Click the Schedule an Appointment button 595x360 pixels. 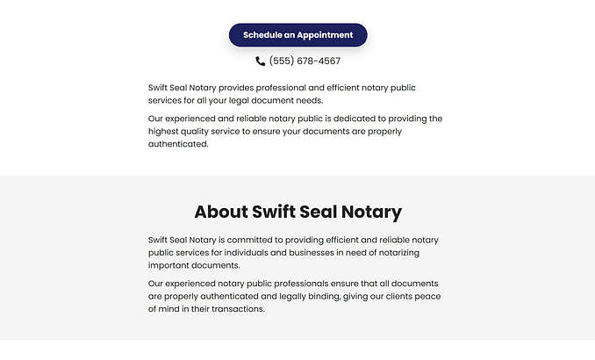pos(297,35)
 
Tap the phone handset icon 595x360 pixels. pos(261,61)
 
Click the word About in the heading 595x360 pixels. pos(220,212)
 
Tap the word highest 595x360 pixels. pos(166,132)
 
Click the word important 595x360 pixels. pos(171,265)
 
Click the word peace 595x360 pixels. pos(426,297)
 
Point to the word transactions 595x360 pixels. pos(234,309)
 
